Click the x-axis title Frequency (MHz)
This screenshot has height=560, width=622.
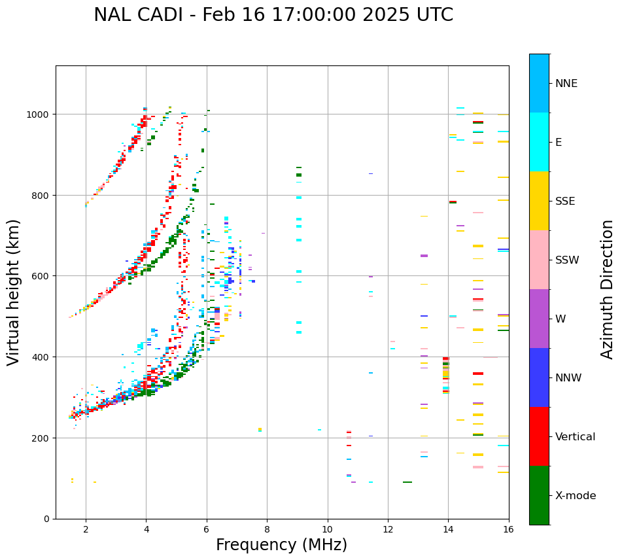click(281, 545)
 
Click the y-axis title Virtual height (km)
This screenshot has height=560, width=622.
click(14, 292)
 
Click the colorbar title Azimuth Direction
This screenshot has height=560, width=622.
click(608, 289)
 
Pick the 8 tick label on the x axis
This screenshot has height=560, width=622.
click(267, 530)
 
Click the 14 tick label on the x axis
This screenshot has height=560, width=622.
click(448, 530)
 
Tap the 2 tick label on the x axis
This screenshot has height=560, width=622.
click(86, 530)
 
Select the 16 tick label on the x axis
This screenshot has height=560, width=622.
click(508, 530)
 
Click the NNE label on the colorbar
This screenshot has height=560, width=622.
click(566, 84)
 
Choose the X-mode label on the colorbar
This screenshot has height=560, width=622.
click(576, 496)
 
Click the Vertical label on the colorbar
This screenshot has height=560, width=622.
click(576, 437)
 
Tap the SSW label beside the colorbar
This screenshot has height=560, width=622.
click(567, 260)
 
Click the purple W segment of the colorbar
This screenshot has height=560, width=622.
click(539, 319)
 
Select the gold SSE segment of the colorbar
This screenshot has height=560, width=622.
click(539, 201)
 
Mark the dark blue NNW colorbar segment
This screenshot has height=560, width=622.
click(539, 377)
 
